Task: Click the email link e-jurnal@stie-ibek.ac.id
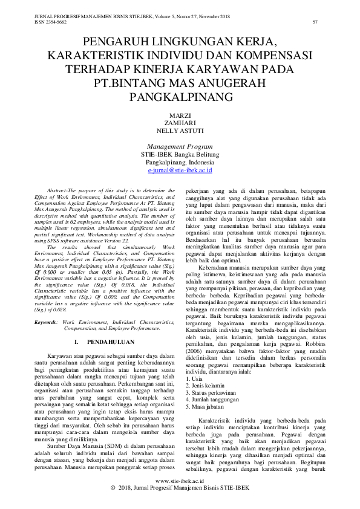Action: click(180, 171)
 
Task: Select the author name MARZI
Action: click(180, 115)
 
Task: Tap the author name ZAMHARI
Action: click(180, 123)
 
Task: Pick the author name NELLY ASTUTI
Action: click(180, 131)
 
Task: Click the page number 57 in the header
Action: click(315, 22)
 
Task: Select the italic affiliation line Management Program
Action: click(180, 146)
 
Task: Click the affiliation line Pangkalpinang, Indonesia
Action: click(180, 163)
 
